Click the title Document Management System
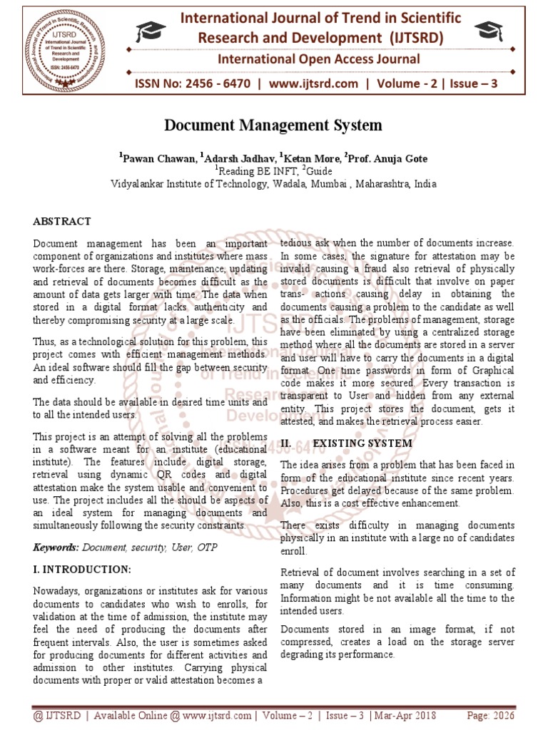pyautogui.click(x=273, y=126)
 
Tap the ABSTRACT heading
pyautogui.click(x=62, y=222)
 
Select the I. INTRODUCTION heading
pyautogui.click(x=82, y=569)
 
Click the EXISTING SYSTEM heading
pyautogui.click(x=362, y=443)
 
